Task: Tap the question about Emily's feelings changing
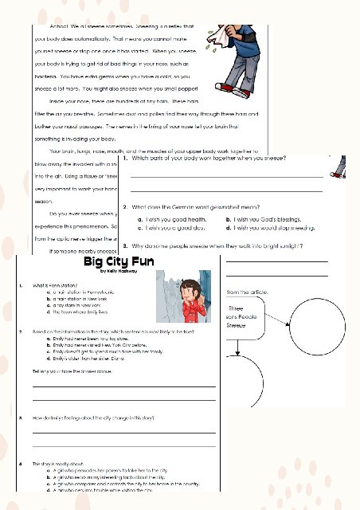tap(100, 418)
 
